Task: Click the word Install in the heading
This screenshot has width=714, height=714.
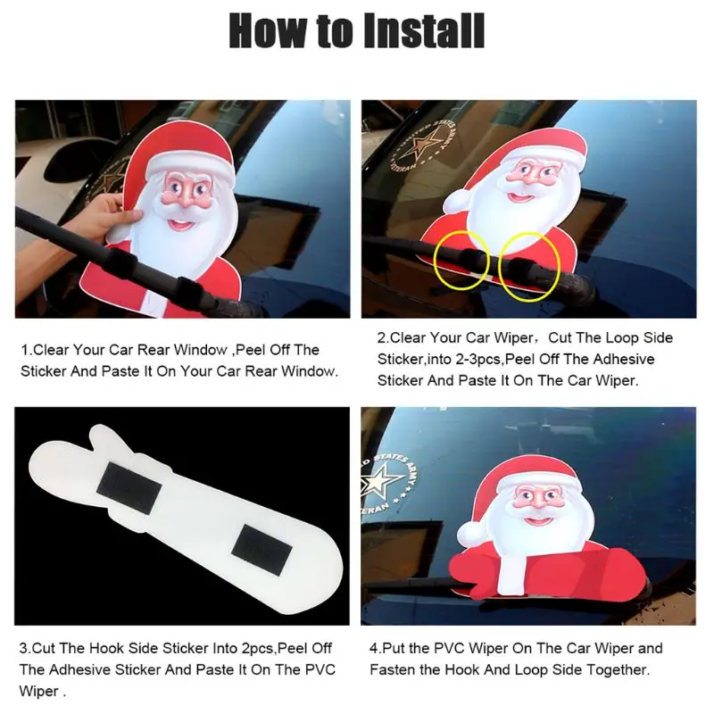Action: point(419,32)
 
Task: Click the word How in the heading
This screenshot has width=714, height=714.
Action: point(266,32)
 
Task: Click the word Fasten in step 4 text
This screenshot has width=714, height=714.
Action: point(404,669)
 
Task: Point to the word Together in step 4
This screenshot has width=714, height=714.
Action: point(613,669)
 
